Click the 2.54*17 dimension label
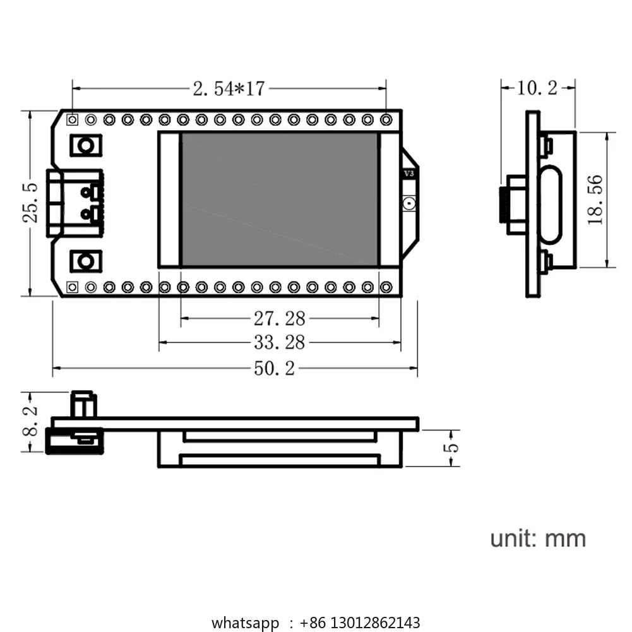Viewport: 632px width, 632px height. coord(229,88)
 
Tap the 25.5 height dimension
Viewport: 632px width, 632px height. coord(30,203)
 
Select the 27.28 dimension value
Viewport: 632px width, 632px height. coord(279,318)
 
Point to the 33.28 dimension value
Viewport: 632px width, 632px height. coord(279,343)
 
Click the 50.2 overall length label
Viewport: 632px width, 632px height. coord(275,368)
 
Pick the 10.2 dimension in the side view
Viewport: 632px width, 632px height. coord(537,88)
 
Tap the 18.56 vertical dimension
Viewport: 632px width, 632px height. coord(595,200)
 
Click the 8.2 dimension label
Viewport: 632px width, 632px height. coord(30,421)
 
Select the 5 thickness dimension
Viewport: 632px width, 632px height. coord(451,448)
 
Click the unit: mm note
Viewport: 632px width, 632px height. coord(538,539)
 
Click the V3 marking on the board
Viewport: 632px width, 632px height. coord(408,174)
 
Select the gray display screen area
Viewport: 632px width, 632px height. coord(279,199)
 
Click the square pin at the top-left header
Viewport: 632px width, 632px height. coord(72,120)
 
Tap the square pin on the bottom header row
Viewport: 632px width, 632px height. coord(72,287)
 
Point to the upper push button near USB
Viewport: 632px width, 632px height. coord(86,145)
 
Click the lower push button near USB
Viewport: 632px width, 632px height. coord(86,261)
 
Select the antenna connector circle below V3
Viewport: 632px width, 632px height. coord(409,203)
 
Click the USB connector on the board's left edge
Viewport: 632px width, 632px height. coord(75,203)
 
